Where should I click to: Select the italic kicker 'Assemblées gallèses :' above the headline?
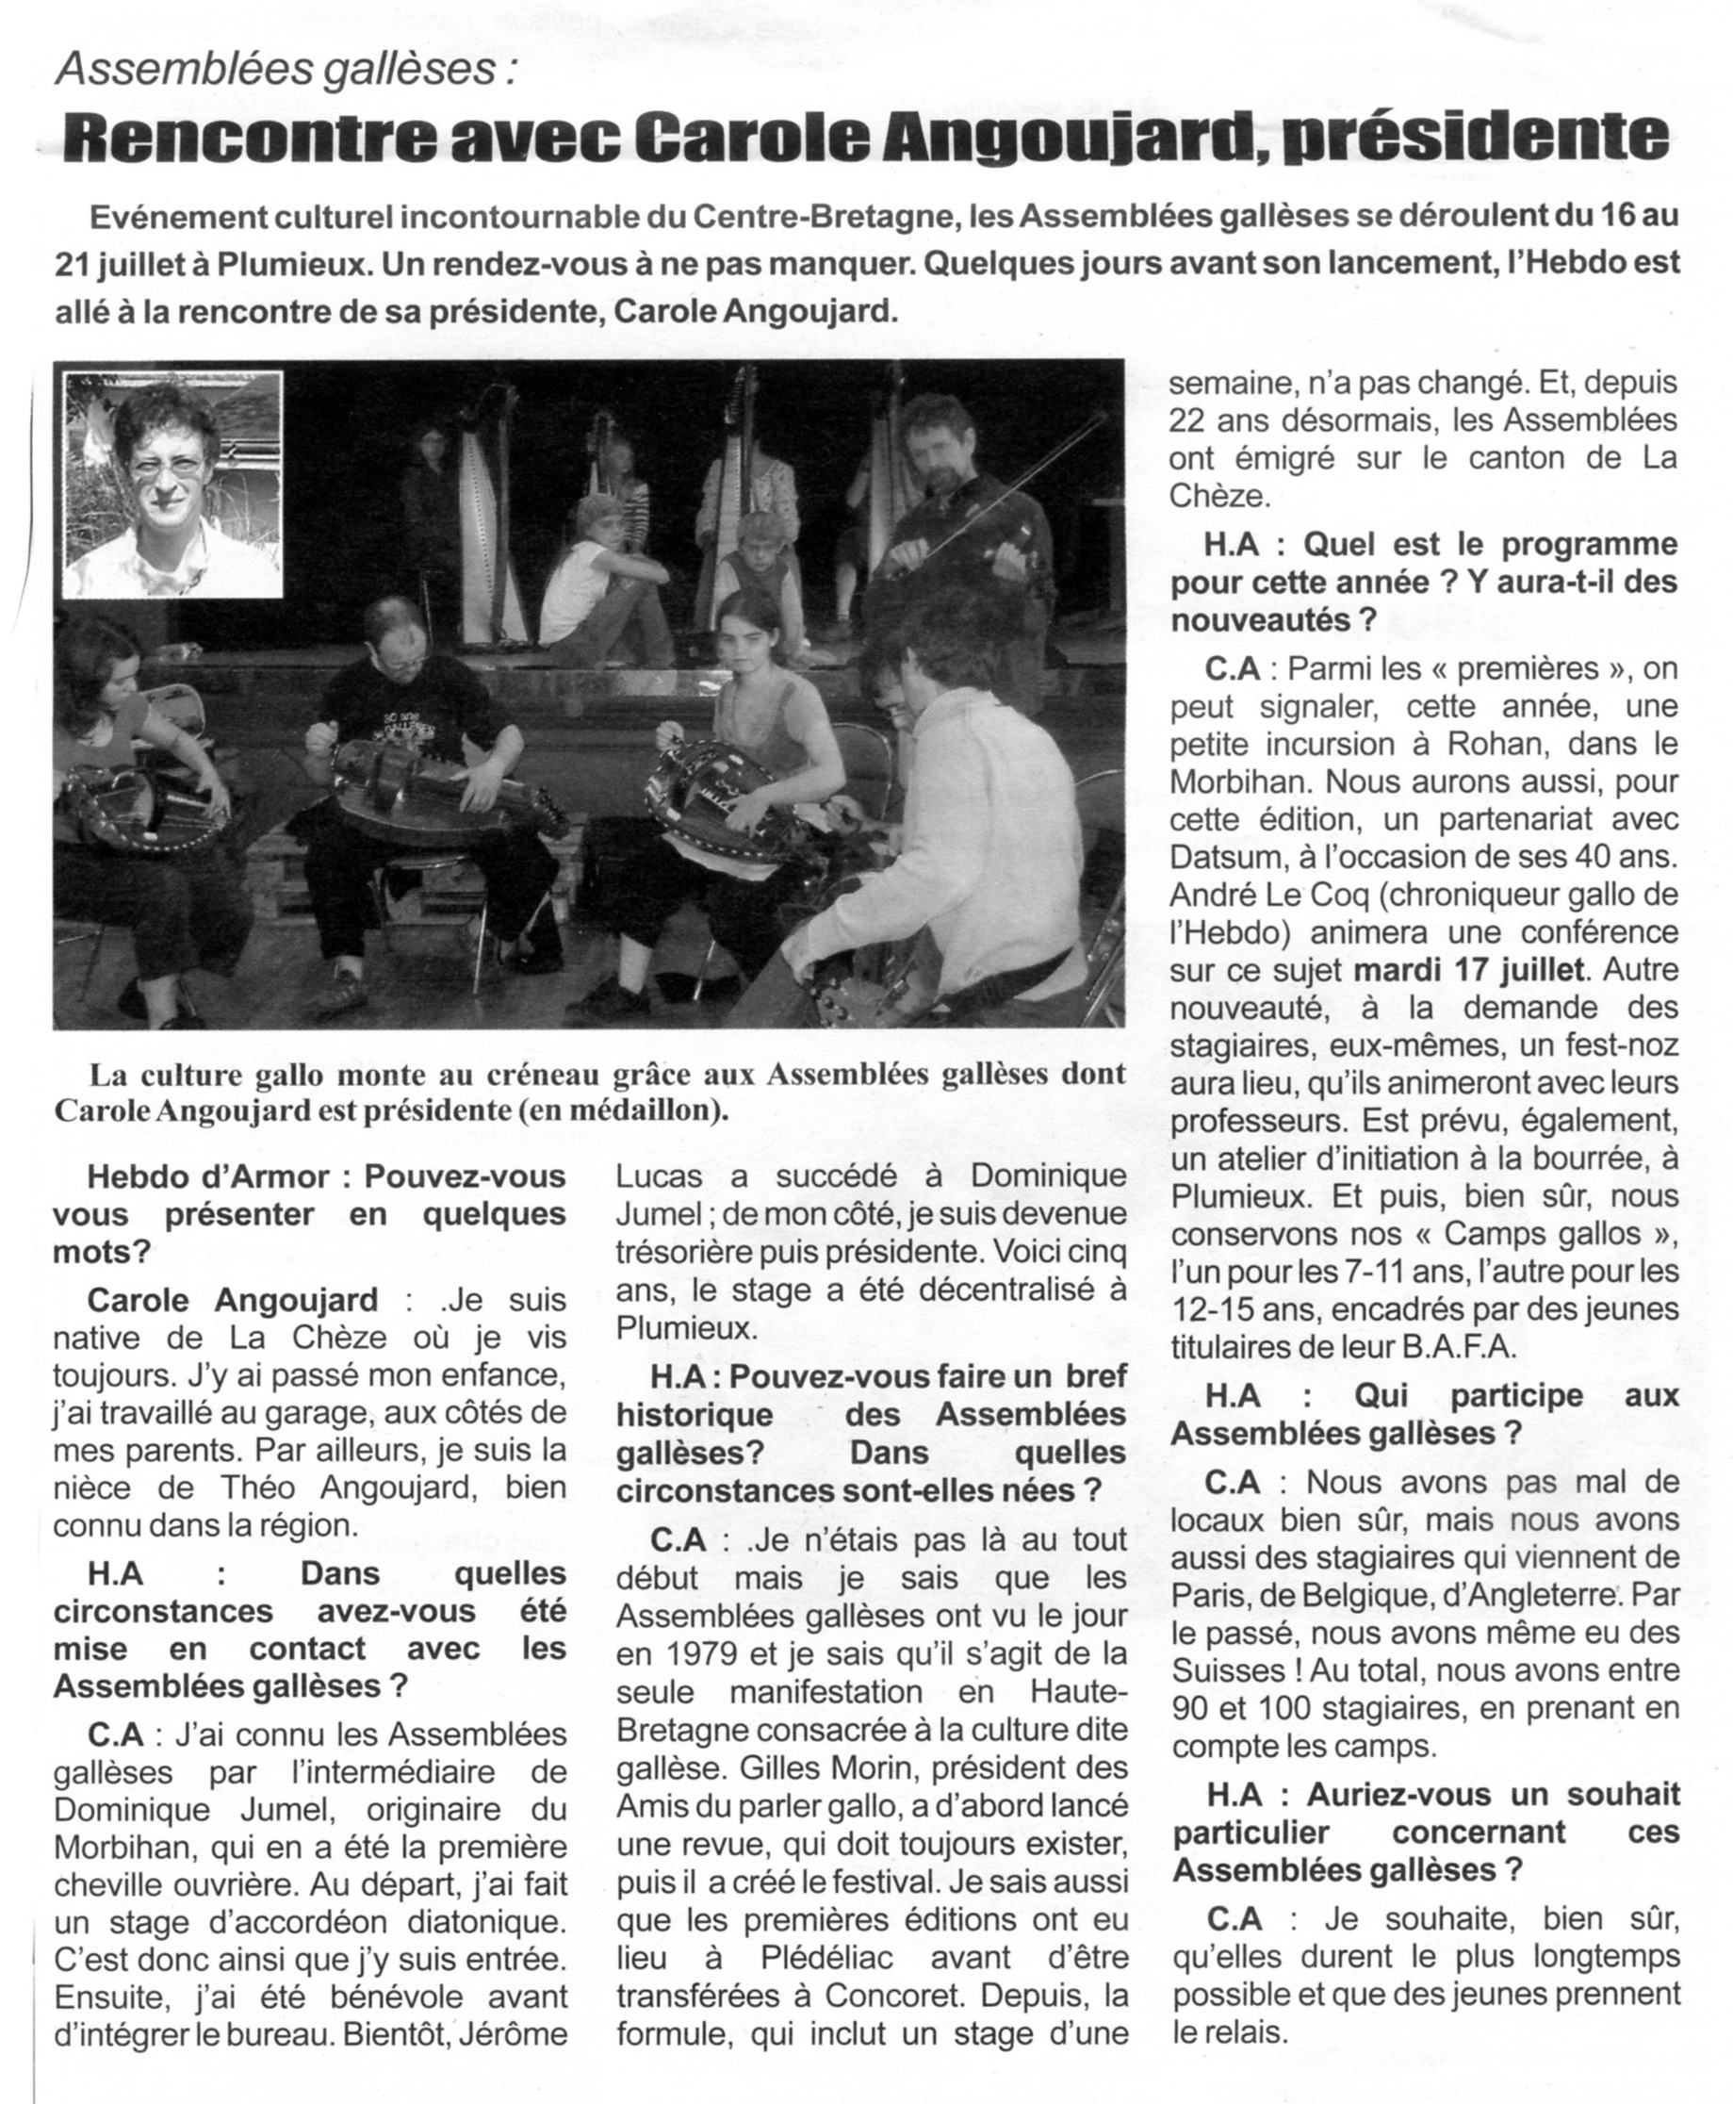[288, 70]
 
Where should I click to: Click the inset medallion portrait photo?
[172, 485]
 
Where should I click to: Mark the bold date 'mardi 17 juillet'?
[1468, 969]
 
